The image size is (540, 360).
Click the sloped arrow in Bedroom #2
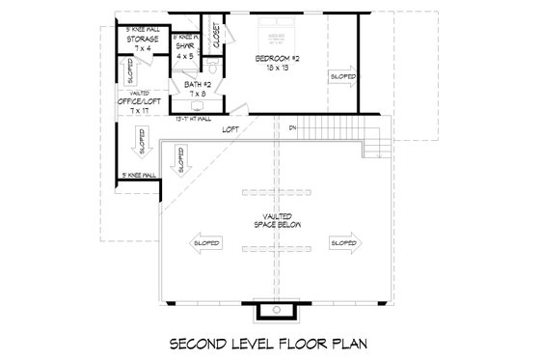click(x=342, y=76)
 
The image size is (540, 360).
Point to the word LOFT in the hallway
click(x=230, y=128)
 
